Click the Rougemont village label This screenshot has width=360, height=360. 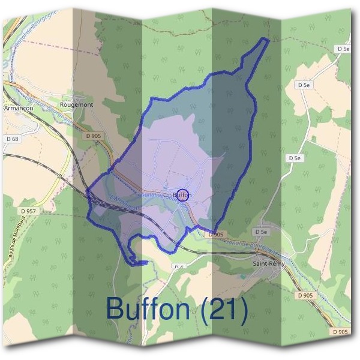(77, 104)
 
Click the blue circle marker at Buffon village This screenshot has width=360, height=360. (184, 194)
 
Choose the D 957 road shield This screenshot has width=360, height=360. (28, 211)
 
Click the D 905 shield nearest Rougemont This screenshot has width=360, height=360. (93, 136)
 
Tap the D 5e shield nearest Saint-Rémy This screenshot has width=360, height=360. (260, 232)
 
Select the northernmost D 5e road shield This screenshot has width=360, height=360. (343, 48)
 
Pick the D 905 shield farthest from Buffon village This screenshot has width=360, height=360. (340, 332)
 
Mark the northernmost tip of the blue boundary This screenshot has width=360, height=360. (267, 38)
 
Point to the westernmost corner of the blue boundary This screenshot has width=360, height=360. (87, 193)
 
